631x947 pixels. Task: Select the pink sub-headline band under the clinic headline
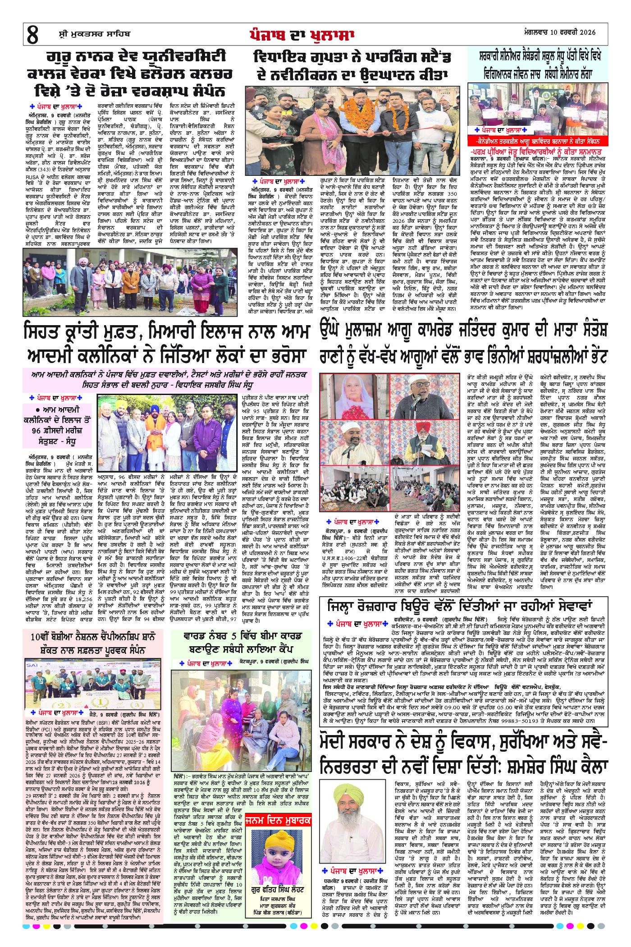point(167,378)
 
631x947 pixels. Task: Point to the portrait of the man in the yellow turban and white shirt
point(348,801)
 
